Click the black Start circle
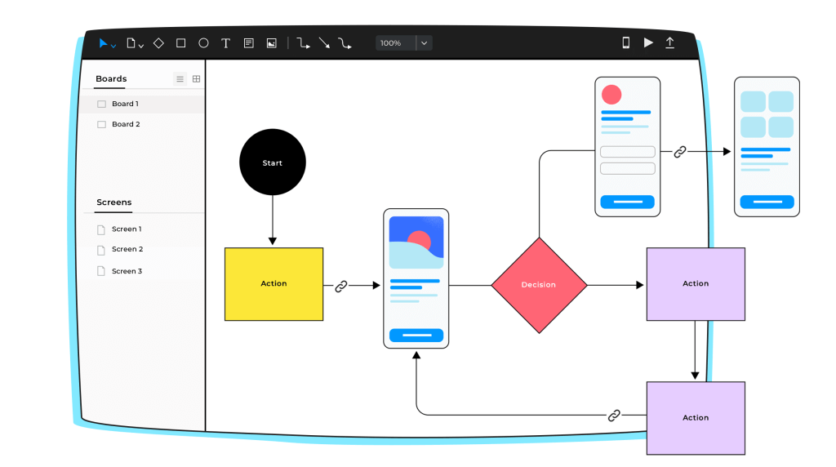pos(272,162)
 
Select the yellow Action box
pos(273,284)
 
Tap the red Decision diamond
pos(539,285)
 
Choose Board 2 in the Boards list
pos(126,125)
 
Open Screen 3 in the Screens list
pos(127,271)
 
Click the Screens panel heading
pos(113,202)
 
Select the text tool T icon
pos(226,43)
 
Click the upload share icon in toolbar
pos(670,43)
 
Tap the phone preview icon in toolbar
pos(626,43)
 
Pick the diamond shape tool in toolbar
pos(158,43)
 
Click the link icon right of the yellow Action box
pos(341,286)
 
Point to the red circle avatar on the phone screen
pos(611,94)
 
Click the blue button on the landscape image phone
pos(416,335)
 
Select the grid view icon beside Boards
pos(196,79)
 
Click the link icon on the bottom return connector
pos(614,416)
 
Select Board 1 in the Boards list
pos(125,105)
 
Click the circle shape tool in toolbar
pos(203,43)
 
